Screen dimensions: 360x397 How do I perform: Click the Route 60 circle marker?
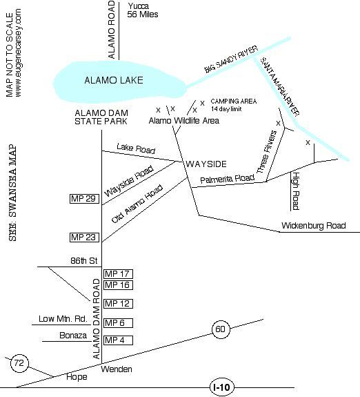point(221,329)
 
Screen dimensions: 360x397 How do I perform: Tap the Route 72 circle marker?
point(19,363)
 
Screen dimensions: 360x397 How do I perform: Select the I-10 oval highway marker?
point(222,387)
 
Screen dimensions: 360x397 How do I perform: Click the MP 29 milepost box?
point(84,199)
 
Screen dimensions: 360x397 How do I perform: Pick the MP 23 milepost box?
point(84,238)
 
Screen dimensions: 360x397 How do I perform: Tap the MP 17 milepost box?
point(118,274)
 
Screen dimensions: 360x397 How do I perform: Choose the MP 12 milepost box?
point(118,304)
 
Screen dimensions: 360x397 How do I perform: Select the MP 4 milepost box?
point(118,340)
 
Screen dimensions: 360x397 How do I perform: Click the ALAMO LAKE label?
point(114,81)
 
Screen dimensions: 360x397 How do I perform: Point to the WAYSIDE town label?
point(206,164)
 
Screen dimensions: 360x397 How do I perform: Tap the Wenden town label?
point(117,369)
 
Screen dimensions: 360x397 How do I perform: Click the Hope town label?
point(77,377)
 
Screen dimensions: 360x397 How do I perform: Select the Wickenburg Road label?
point(314,226)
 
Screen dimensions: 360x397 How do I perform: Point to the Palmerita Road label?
point(227,179)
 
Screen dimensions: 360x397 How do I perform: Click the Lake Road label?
point(136,148)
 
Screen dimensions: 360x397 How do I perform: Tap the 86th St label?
point(83,261)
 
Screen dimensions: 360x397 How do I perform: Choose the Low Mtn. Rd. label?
point(63,319)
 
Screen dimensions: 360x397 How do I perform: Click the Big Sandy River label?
point(231,59)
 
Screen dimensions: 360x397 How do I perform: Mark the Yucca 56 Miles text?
point(143,10)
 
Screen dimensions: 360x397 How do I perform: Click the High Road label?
point(296,191)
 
